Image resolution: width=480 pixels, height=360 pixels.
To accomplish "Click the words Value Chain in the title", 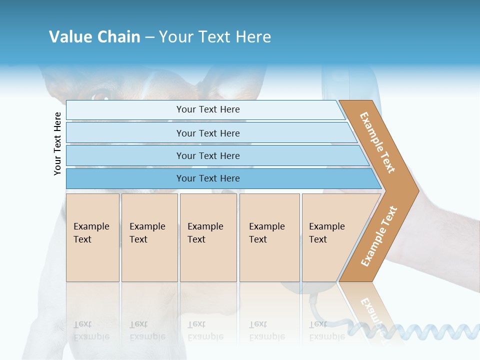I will [x=94, y=37].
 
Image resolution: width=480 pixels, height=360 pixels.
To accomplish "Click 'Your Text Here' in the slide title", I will [x=215, y=37].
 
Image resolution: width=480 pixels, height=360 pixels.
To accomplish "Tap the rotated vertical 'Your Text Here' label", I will [x=57, y=143].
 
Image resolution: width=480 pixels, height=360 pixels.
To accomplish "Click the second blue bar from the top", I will [x=208, y=133].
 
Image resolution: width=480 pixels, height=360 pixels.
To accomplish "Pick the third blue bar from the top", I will [x=208, y=155].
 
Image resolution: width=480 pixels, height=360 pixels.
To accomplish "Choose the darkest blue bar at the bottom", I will [x=208, y=178].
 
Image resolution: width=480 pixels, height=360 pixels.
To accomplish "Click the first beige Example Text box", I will [x=92, y=237].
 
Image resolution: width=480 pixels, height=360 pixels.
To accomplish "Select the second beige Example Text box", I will [x=149, y=237].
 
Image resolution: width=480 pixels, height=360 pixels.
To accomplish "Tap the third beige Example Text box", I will [x=208, y=237].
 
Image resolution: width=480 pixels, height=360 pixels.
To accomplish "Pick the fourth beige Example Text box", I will [x=269, y=237].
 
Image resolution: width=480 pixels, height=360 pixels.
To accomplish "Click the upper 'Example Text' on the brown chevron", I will [x=377, y=143].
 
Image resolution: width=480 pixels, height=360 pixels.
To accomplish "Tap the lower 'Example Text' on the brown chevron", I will [x=378, y=236].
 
